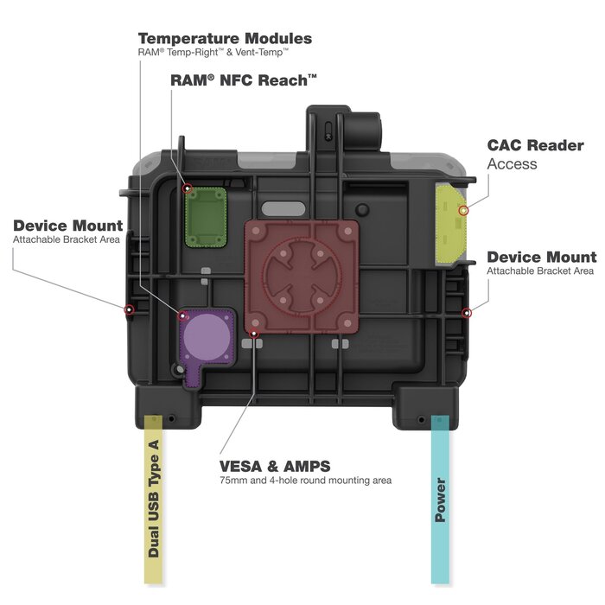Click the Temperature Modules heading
click(x=225, y=39)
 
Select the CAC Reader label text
click(x=535, y=145)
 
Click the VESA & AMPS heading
click(x=275, y=466)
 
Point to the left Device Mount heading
click(x=67, y=226)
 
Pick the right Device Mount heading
click(x=541, y=257)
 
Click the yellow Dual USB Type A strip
click(x=152, y=501)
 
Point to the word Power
click(x=440, y=500)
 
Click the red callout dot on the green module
click(x=187, y=188)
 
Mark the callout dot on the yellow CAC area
click(x=463, y=210)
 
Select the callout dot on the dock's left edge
click(x=129, y=309)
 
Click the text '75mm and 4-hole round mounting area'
click(x=305, y=481)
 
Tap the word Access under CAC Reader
click(x=512, y=164)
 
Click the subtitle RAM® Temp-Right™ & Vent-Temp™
click(x=212, y=54)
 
